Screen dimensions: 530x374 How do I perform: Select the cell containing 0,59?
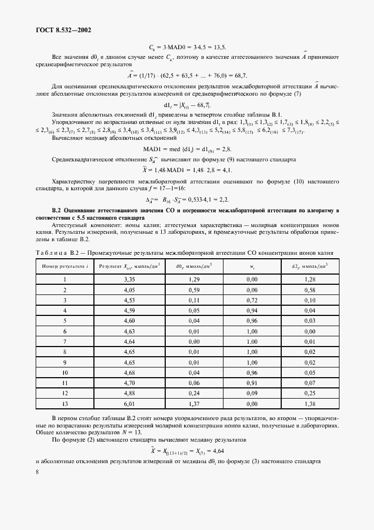[194, 289]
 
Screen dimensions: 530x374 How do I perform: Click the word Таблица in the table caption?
[50, 253]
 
